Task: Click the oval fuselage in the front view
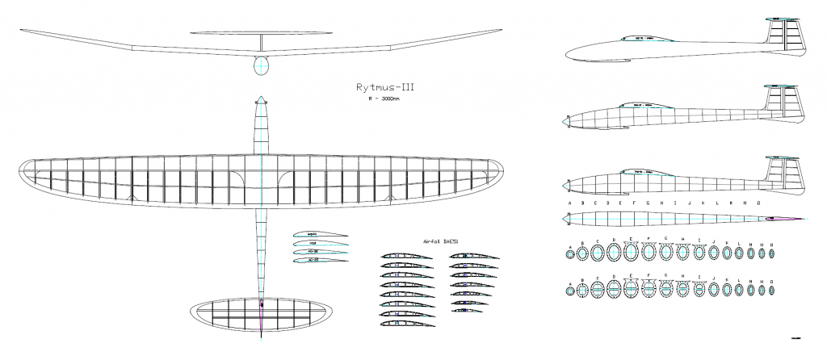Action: pos(261,66)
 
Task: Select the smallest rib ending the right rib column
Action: pos(468,312)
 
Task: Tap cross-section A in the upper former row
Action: pos(570,254)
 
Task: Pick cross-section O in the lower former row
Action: pos(772,289)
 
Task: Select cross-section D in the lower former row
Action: pos(615,289)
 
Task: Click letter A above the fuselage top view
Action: pos(570,203)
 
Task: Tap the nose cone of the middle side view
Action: pos(566,121)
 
